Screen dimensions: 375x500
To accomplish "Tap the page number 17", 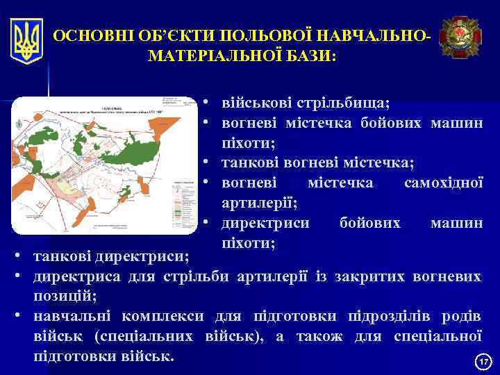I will pyautogui.click(x=483, y=362).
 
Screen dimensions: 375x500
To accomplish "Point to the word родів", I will pyautogui.click(x=460, y=317).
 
